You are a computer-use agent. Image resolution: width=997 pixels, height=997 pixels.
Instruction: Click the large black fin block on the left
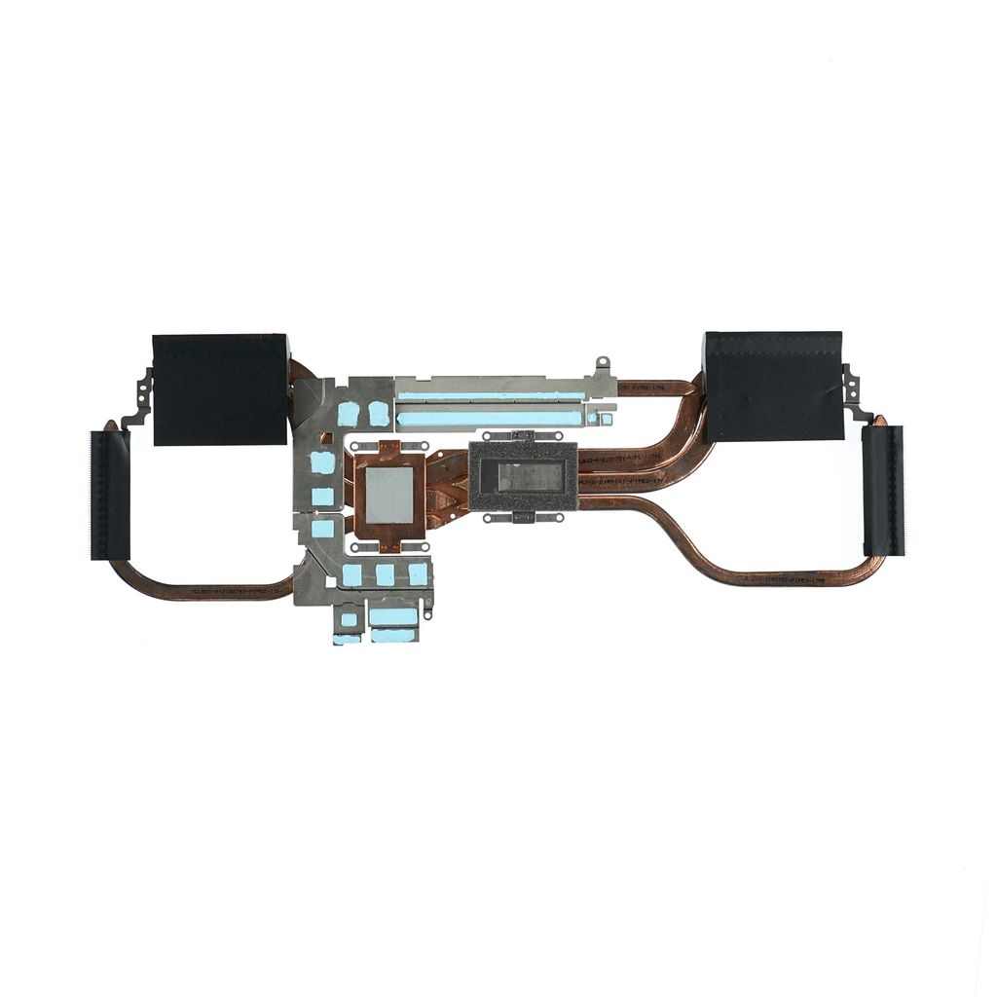pos(220,388)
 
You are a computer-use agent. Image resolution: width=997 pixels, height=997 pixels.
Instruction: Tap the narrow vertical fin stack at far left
pos(110,495)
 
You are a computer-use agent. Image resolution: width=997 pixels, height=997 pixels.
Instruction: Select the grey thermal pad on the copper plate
pos(389,499)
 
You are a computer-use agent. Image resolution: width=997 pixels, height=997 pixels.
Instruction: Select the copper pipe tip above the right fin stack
pos(880,421)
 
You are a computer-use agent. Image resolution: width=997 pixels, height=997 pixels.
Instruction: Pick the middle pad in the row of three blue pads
pos(386,574)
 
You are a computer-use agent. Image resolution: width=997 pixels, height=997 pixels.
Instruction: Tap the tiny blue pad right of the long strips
pos(605,420)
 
